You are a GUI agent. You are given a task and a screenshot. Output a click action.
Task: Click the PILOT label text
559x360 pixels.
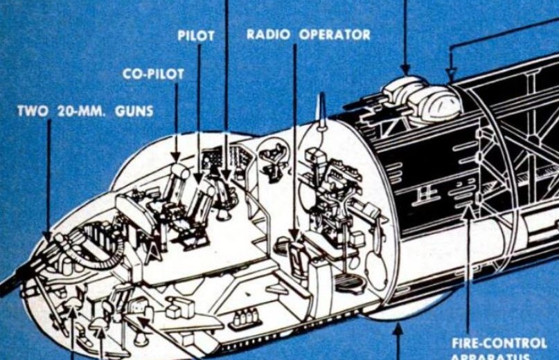coord(196,35)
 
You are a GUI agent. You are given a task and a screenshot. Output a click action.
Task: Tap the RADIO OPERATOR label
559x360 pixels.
coord(308,35)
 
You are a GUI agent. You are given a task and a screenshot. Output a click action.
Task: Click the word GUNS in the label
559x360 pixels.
coord(135,111)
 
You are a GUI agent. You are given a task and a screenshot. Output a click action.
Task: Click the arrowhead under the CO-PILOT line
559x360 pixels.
coord(176,159)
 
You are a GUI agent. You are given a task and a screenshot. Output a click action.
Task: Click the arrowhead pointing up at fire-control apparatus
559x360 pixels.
coord(468,210)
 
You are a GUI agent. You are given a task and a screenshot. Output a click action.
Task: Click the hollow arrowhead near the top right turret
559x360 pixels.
coord(451,75)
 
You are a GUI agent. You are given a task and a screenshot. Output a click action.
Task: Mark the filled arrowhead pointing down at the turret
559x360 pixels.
coord(405,69)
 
